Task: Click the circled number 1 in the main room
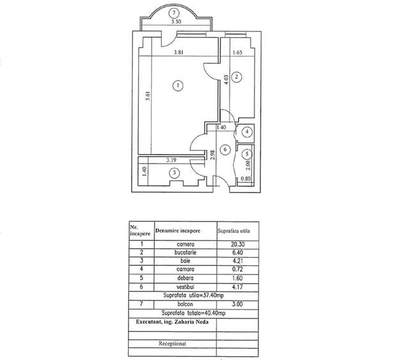(x=178, y=86)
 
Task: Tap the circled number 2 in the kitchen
(x=237, y=77)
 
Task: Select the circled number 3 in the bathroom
(x=175, y=173)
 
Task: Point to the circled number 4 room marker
(x=247, y=132)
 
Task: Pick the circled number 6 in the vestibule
(x=225, y=150)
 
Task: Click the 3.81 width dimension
(x=179, y=52)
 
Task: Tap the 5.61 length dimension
(x=148, y=96)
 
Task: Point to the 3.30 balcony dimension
(x=176, y=22)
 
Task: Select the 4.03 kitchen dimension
(x=226, y=79)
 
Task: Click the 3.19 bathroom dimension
(x=171, y=160)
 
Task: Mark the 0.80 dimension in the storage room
(x=246, y=179)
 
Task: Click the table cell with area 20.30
(x=237, y=244)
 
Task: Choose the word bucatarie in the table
(x=185, y=253)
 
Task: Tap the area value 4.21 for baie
(x=237, y=261)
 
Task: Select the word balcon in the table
(x=185, y=304)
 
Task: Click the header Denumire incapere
(x=178, y=231)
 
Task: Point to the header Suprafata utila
(x=233, y=231)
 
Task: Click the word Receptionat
(x=172, y=343)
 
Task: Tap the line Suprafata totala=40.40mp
(x=193, y=313)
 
